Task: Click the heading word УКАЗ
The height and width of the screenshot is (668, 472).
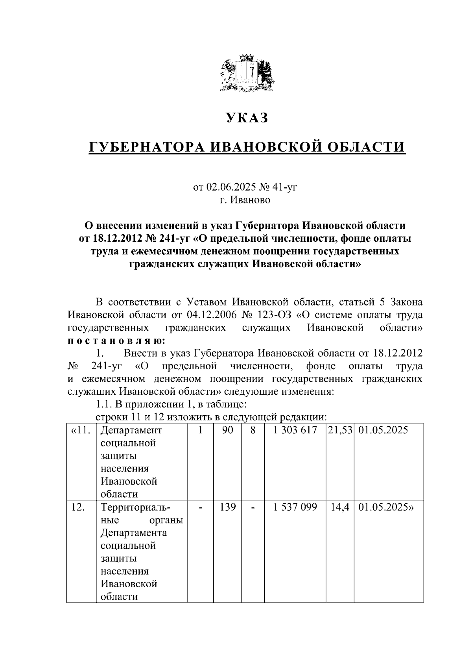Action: [247, 118]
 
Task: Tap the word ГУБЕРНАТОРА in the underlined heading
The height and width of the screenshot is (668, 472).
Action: [146, 147]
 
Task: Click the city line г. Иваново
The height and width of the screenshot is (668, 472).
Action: [245, 200]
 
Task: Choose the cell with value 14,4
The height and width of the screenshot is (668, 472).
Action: [340, 507]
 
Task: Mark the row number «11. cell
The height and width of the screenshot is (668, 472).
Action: [81, 430]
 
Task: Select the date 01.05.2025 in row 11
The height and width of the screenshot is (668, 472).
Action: [383, 430]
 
